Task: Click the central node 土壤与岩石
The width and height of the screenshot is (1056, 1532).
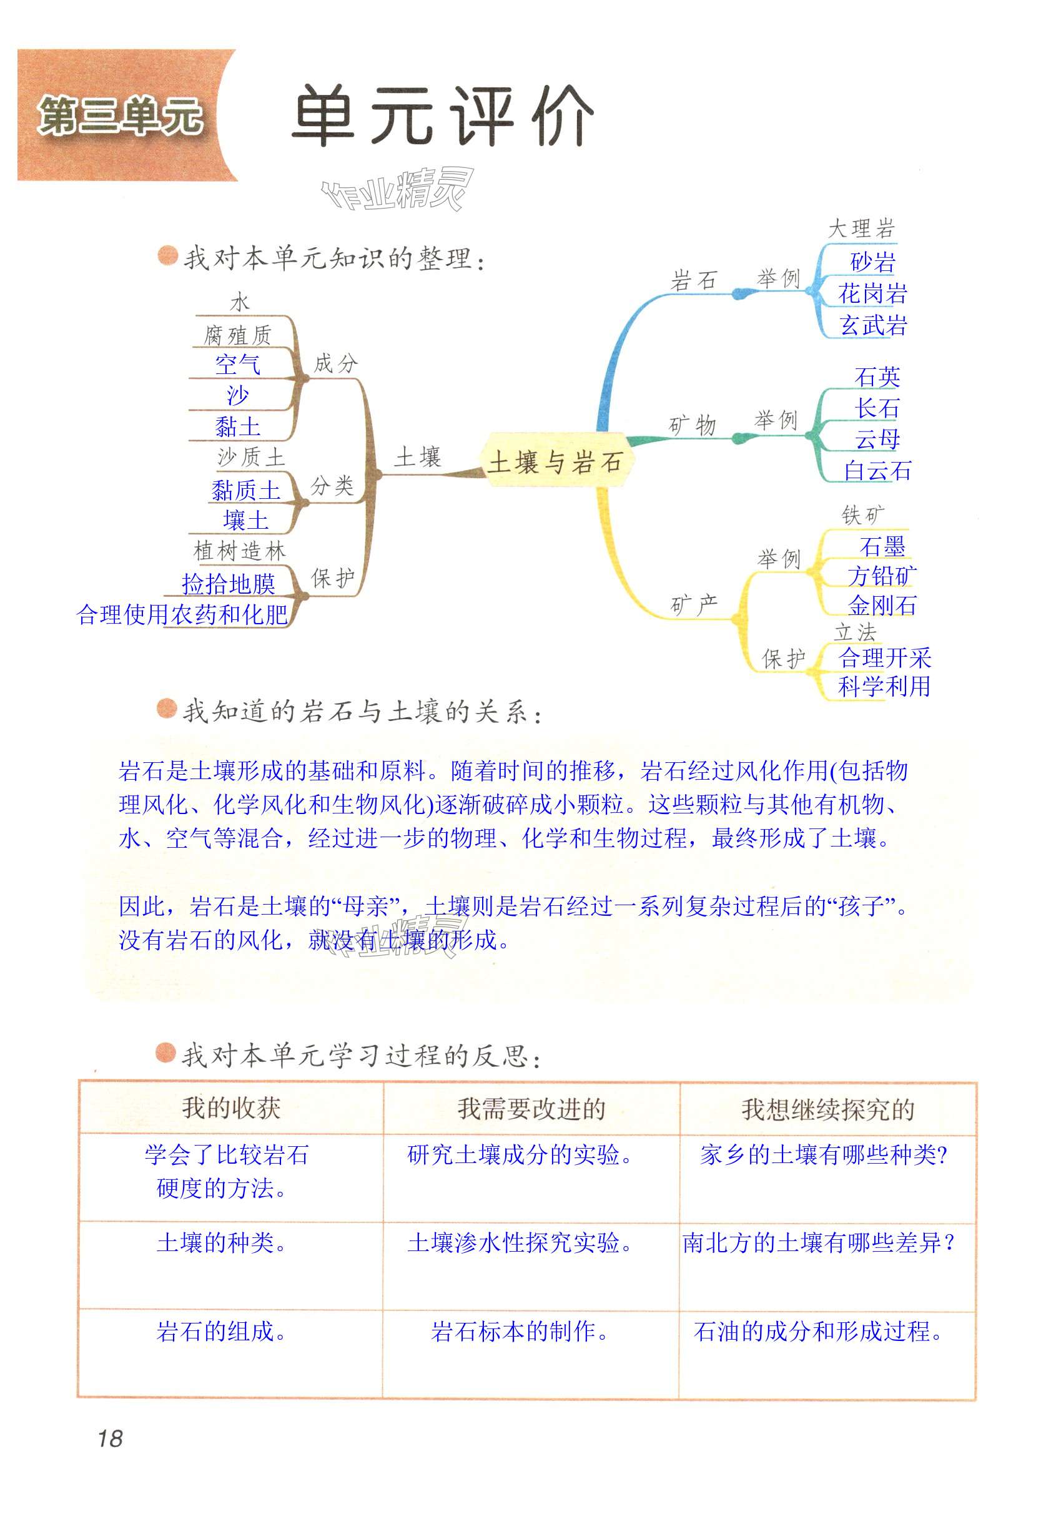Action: point(555,462)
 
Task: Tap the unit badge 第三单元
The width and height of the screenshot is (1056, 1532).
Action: point(120,116)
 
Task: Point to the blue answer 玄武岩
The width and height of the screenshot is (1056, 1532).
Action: point(873,325)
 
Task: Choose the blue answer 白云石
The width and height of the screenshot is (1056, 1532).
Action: point(877,471)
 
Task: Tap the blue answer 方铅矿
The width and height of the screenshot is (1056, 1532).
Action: point(882,576)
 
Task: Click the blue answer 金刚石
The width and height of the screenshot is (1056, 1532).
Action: point(882,606)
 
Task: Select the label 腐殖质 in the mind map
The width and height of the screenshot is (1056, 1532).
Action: point(237,335)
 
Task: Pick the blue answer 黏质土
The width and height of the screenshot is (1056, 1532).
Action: point(245,491)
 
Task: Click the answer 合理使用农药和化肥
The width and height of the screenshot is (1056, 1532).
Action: point(182,614)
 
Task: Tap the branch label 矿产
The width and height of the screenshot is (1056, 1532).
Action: point(693,604)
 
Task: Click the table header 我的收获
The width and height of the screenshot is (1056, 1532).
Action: point(231,1107)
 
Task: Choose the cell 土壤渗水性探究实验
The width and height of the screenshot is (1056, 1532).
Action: point(520,1243)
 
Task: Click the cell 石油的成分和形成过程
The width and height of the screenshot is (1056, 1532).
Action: point(818,1331)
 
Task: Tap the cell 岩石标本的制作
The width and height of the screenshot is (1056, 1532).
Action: point(520,1331)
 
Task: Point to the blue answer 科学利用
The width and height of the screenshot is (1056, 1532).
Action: point(884,687)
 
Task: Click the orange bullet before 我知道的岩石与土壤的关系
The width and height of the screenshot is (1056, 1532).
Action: point(166,709)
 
